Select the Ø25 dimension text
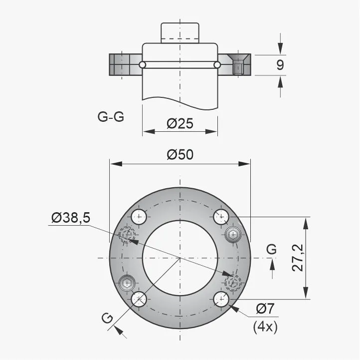click(180, 123)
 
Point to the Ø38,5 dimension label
click(70, 218)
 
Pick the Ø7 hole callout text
click(265, 309)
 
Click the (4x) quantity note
click(265, 327)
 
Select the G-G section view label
click(111, 117)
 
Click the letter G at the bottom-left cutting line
click(107, 318)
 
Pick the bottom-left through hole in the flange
click(139, 299)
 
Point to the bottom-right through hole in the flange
click(221, 299)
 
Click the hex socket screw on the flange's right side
click(233, 234)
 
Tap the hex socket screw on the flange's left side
click(127, 283)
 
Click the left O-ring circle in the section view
click(143, 65)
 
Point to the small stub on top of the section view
click(180, 33)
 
